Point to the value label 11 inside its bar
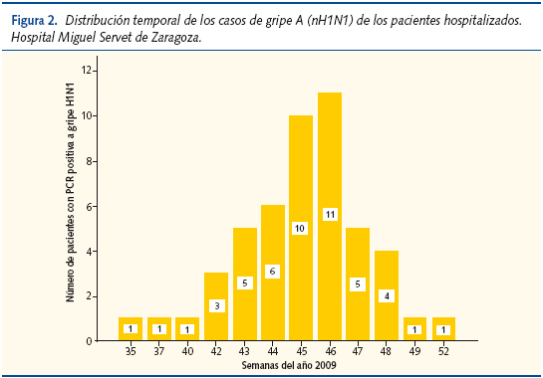tap(331, 214)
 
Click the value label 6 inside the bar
tap(273, 272)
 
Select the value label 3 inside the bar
tap(216, 305)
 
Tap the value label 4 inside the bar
tap(387, 294)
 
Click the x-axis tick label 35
tap(131, 352)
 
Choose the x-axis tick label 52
tap(443, 352)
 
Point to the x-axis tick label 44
tap(273, 352)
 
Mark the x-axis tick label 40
tap(187, 352)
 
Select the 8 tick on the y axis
tap(90, 161)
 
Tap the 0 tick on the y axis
tap(90, 341)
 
